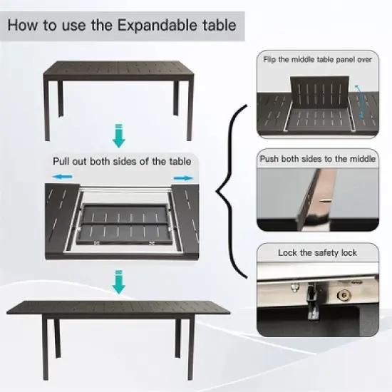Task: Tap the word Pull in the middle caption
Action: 64,160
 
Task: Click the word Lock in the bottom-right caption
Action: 288,252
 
